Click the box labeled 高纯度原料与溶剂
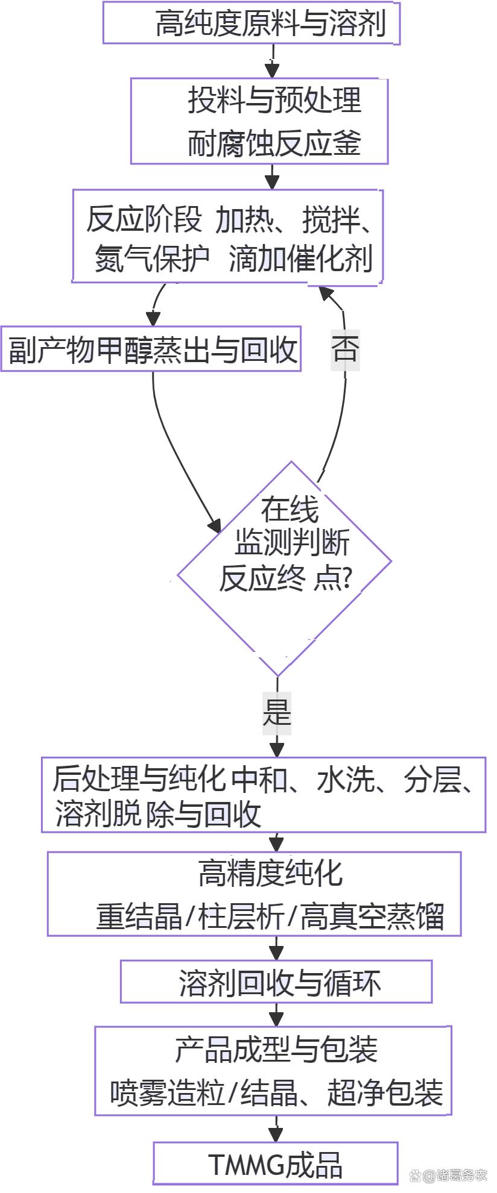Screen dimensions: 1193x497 [251, 23]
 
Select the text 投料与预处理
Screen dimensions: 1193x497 [274, 100]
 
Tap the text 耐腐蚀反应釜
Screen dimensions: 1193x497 [274, 143]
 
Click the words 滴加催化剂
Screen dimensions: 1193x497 [300, 259]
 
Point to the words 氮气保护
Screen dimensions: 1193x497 [152, 259]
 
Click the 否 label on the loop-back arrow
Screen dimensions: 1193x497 [345, 349]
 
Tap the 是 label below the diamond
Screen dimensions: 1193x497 [277, 712]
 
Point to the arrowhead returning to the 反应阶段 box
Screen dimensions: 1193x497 [326, 293]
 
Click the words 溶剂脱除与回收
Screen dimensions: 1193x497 [158, 813]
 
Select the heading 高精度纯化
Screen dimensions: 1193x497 [270, 873]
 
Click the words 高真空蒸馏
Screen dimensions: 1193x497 [372, 917]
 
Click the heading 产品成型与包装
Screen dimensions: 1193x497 [276, 1050]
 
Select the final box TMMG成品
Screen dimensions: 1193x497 [276, 1164]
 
